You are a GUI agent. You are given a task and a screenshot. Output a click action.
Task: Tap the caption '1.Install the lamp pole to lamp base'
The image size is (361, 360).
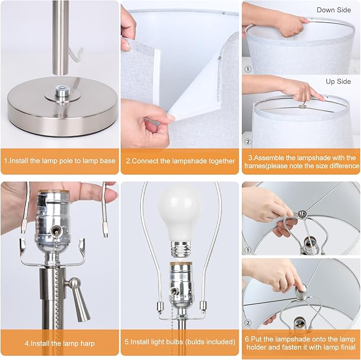pyautogui.click(x=60, y=160)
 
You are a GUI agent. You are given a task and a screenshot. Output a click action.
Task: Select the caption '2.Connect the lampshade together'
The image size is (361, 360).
pyautogui.click(x=180, y=161)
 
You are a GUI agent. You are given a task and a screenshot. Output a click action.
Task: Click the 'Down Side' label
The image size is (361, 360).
pyautogui.click(x=333, y=10)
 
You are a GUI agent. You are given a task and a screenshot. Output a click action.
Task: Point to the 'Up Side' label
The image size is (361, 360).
pyautogui.click(x=338, y=81)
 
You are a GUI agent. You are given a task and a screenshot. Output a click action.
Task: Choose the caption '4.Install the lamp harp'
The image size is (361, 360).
pyautogui.click(x=60, y=343)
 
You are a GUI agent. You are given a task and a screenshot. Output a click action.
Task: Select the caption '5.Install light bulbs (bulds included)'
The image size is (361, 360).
pyautogui.click(x=180, y=341)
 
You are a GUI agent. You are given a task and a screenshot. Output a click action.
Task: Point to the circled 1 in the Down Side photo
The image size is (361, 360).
pyautogui.click(x=248, y=69)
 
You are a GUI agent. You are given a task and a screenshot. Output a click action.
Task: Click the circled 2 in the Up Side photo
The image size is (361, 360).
pyautogui.click(x=248, y=141)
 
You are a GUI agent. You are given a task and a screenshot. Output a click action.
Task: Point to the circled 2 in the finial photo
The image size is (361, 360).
pyautogui.click(x=248, y=323)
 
